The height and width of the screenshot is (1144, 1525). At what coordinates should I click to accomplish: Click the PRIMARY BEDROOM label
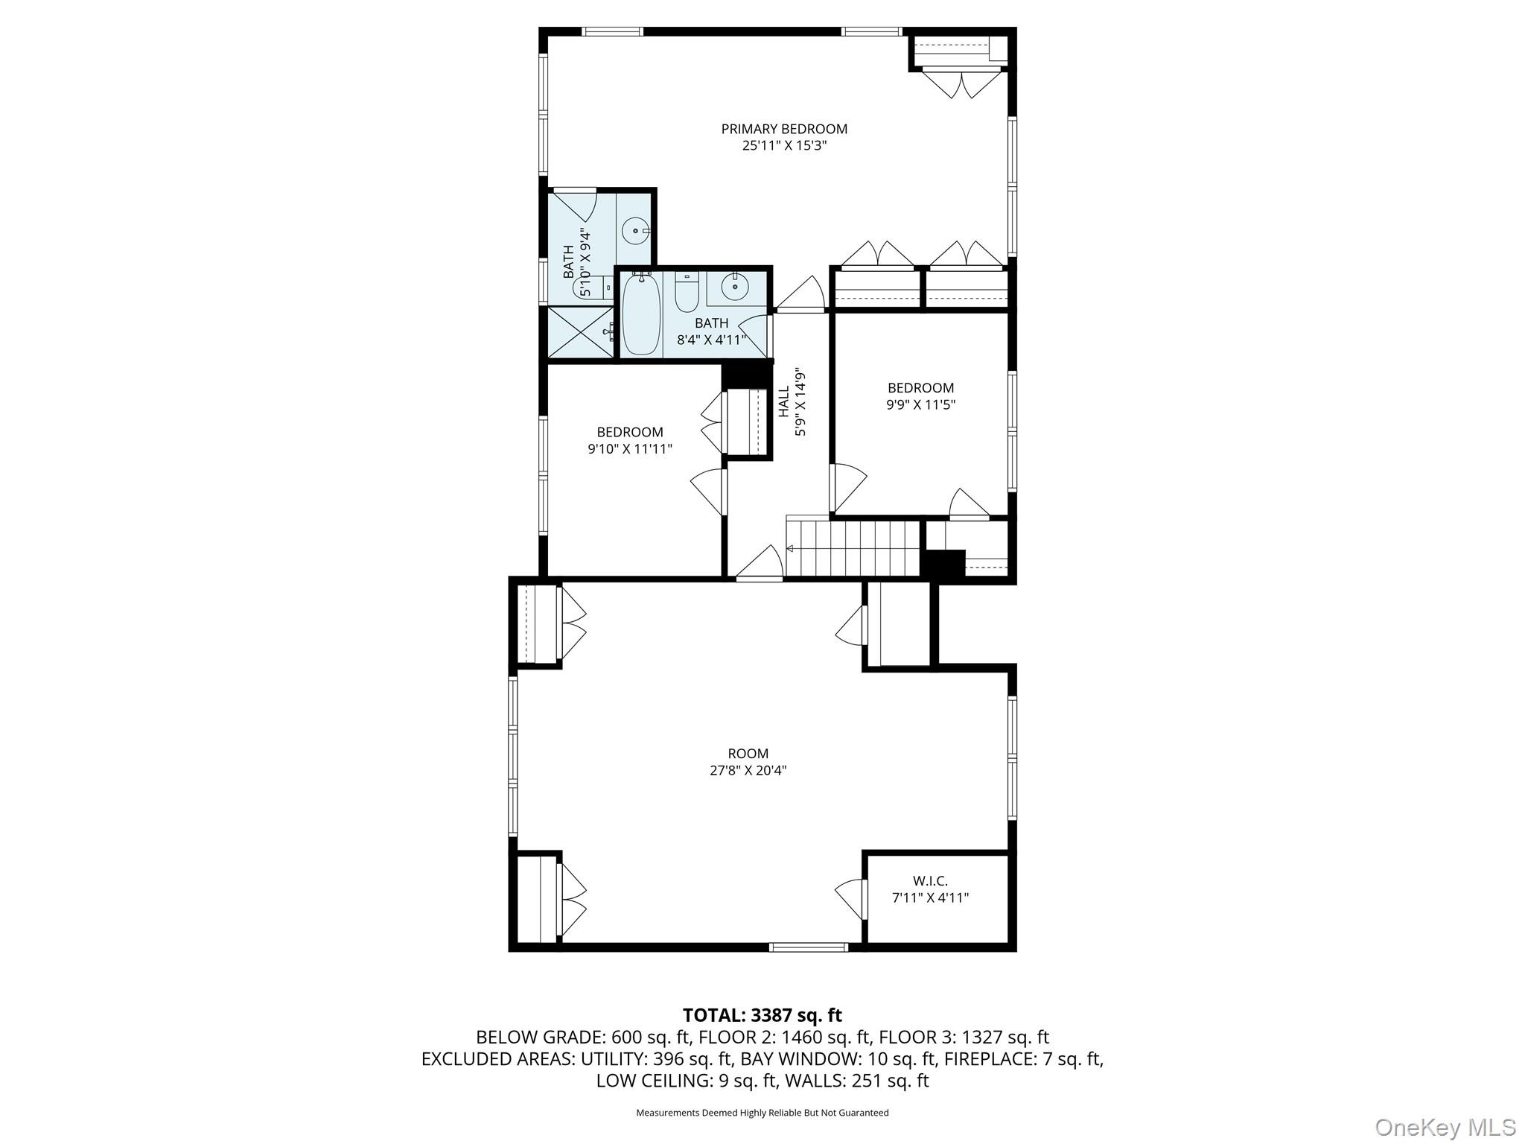coord(784,129)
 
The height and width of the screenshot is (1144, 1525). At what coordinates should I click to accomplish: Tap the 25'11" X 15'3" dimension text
coord(784,146)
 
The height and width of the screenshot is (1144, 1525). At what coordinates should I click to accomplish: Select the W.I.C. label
coord(930,881)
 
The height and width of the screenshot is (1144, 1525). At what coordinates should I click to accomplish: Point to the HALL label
coord(784,401)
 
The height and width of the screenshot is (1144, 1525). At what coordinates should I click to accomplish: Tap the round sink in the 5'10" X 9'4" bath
coord(636,231)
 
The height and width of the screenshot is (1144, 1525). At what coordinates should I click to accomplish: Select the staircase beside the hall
coord(853,548)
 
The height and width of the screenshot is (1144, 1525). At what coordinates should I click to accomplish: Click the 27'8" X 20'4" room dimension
coord(748,771)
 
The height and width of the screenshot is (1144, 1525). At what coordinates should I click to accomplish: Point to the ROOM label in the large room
coord(748,754)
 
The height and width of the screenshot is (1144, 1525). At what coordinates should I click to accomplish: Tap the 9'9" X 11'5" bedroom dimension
coord(920,405)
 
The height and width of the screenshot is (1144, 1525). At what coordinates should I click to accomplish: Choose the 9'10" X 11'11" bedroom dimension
coord(629,449)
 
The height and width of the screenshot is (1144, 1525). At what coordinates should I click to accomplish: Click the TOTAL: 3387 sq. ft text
coord(762,1015)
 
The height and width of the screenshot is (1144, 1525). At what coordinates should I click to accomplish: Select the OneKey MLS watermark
coord(1445,1127)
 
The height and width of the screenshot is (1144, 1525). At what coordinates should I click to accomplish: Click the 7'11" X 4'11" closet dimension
coord(930,898)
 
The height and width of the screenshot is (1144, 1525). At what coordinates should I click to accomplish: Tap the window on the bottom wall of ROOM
coord(808,947)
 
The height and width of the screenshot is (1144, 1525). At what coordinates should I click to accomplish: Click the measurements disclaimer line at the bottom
coord(762,1113)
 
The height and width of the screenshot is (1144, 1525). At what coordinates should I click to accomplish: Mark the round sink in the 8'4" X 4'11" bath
coord(735,287)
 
